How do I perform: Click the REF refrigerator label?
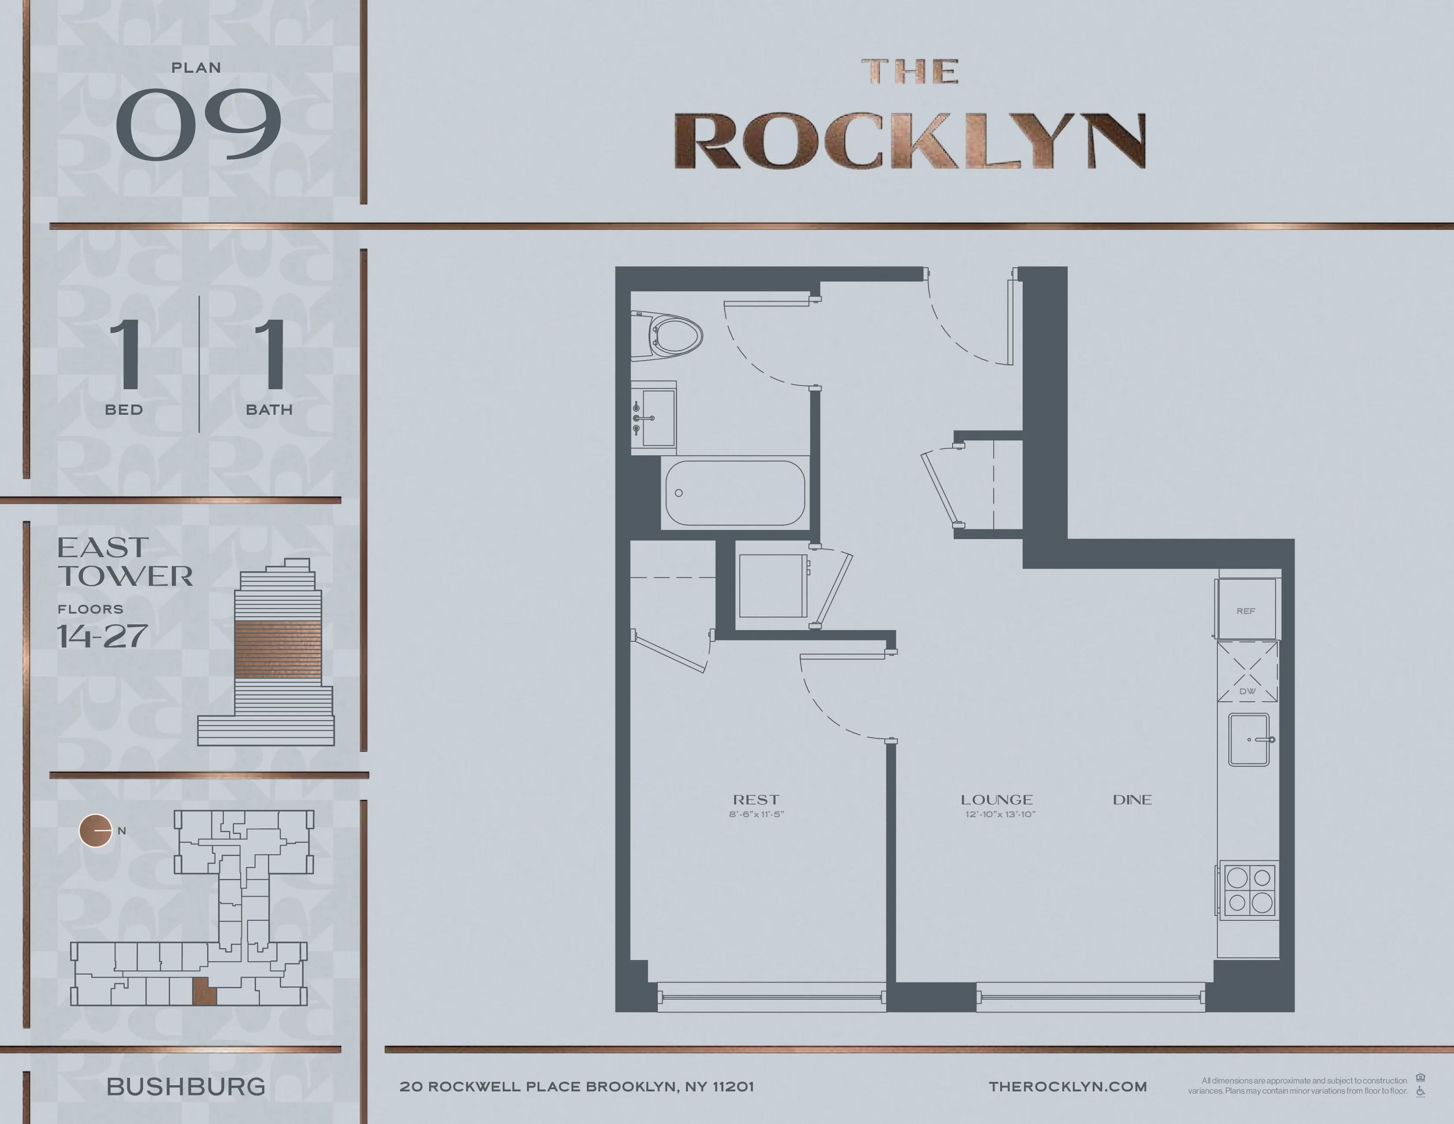pyautogui.click(x=1246, y=610)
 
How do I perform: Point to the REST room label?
pyautogui.click(x=756, y=800)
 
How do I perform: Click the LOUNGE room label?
pyautogui.click(x=997, y=800)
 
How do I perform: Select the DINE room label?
pyautogui.click(x=1132, y=800)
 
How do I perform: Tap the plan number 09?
pyautogui.click(x=198, y=124)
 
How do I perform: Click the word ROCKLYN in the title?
pyautogui.click(x=909, y=142)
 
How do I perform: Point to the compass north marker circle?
pyautogui.click(x=95, y=831)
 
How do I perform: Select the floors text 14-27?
pyautogui.click(x=102, y=636)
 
